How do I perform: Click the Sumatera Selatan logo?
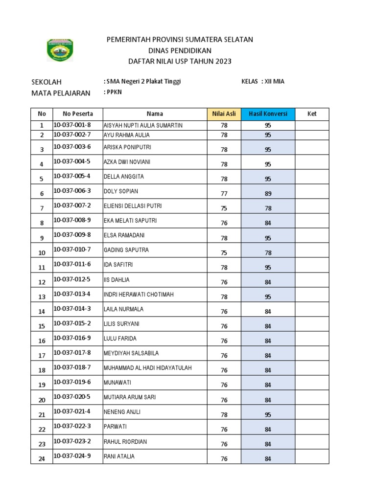pyautogui.click(x=59, y=50)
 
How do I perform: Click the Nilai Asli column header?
pyautogui.click(x=224, y=114)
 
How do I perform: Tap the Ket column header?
pyautogui.click(x=312, y=114)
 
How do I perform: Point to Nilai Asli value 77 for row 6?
pyautogui.click(x=224, y=194)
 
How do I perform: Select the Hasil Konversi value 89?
pyautogui.click(x=268, y=194)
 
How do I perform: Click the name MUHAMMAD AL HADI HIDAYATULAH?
pyautogui.click(x=147, y=367)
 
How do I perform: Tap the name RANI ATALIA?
pyautogui.click(x=119, y=456)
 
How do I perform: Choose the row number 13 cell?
pyautogui.click(x=42, y=297)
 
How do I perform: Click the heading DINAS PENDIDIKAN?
pyautogui.click(x=180, y=50)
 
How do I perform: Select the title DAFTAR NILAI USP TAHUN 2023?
pyautogui.click(x=180, y=61)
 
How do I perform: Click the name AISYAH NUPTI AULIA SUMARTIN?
pyautogui.click(x=143, y=126)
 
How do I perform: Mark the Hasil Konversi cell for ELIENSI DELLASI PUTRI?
pyautogui.click(x=268, y=208)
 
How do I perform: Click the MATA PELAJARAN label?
pyautogui.click(x=61, y=93)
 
